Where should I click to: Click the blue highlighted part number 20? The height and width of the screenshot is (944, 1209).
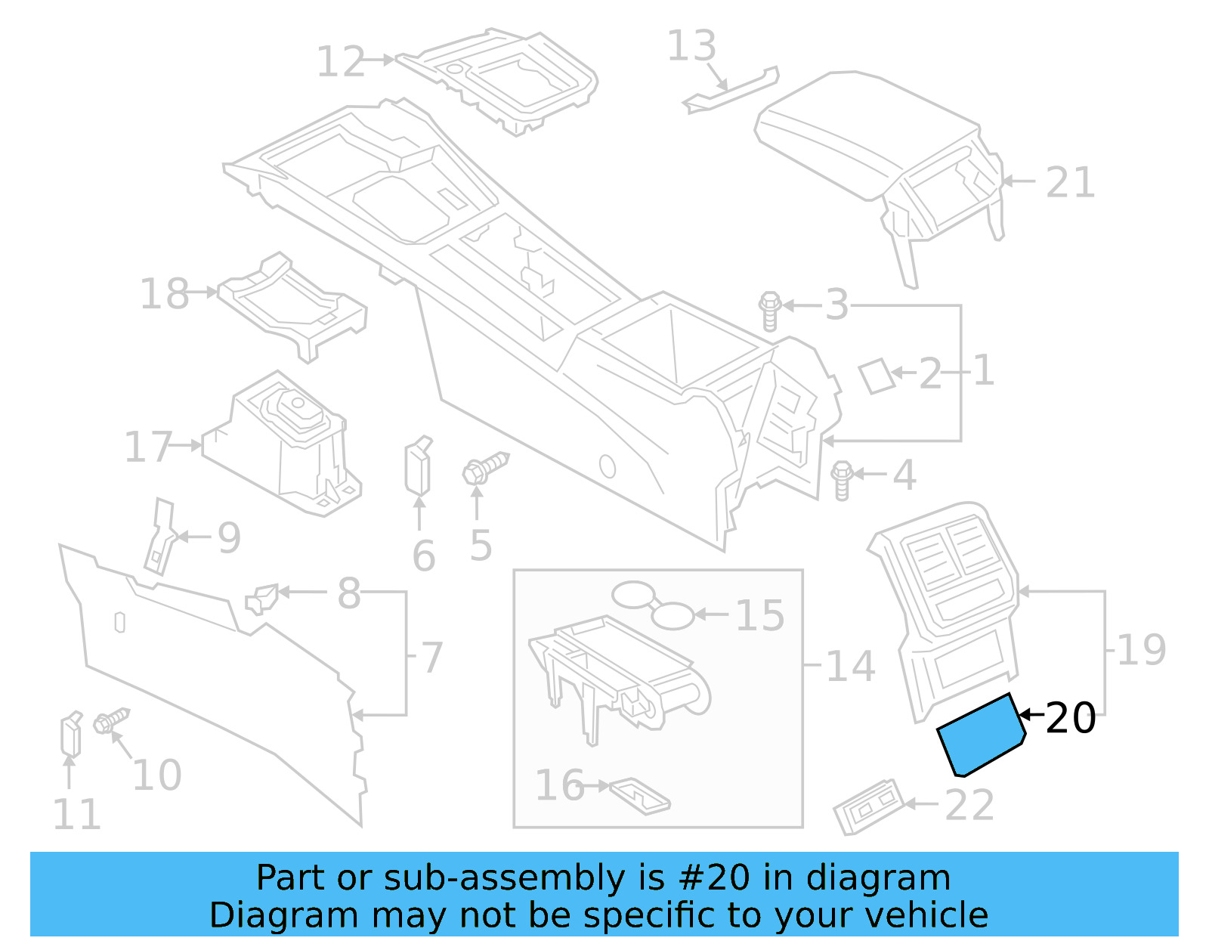tap(981, 735)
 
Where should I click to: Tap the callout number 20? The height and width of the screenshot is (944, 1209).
tap(1070, 718)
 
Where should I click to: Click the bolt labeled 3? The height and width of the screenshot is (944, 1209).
tap(769, 311)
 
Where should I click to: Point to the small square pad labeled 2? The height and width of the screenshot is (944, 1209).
tap(877, 376)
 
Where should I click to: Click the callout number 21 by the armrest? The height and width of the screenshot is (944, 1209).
tap(1070, 183)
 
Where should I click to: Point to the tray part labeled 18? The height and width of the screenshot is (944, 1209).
tap(291, 306)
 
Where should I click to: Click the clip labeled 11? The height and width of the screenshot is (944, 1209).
tap(71, 735)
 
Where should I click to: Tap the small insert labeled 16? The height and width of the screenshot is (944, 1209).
tap(639, 796)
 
